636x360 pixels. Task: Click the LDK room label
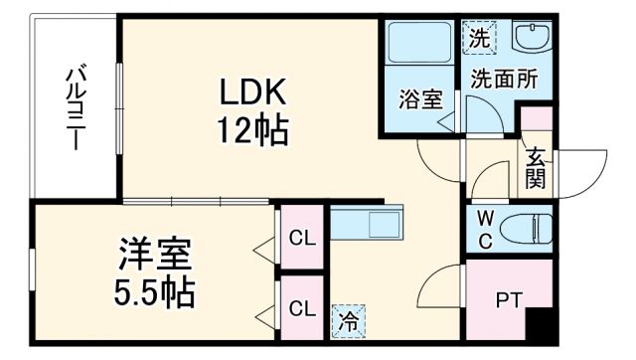[x=253, y=92]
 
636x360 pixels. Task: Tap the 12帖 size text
[x=253, y=129]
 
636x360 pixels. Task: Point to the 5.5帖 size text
[x=152, y=292]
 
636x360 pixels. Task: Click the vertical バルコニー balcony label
[x=75, y=107]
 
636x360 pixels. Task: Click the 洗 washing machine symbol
[x=479, y=40]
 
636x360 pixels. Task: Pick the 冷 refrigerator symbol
[x=348, y=320]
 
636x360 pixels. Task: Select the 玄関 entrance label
[x=536, y=166]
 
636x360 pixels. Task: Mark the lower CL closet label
[x=301, y=307]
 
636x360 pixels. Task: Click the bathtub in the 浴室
[x=417, y=46]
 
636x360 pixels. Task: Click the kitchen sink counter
[x=369, y=222]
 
